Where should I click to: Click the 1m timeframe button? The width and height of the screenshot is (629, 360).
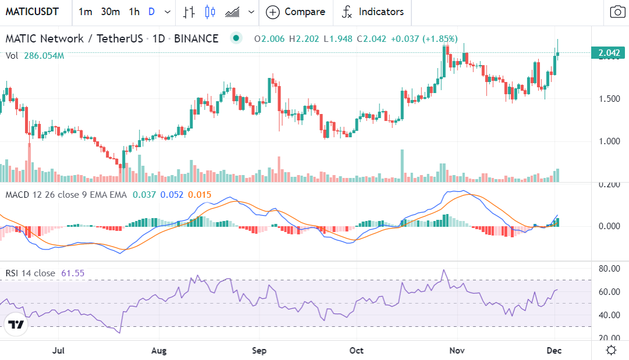[x=85, y=12]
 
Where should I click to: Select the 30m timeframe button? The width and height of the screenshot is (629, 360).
[x=110, y=12]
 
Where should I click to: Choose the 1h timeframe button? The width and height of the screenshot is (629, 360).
[x=134, y=12]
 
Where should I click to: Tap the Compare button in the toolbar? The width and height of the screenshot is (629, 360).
[x=296, y=12]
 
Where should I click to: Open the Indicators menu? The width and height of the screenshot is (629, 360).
[x=372, y=12]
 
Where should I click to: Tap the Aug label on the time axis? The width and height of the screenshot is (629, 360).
[x=159, y=351]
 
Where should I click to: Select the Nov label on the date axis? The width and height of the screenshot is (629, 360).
[x=457, y=351]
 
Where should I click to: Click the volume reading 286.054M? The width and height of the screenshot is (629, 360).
[x=44, y=56]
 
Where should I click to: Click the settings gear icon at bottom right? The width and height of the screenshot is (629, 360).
[x=611, y=350]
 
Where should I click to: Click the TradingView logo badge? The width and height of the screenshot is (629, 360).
[x=16, y=325]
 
